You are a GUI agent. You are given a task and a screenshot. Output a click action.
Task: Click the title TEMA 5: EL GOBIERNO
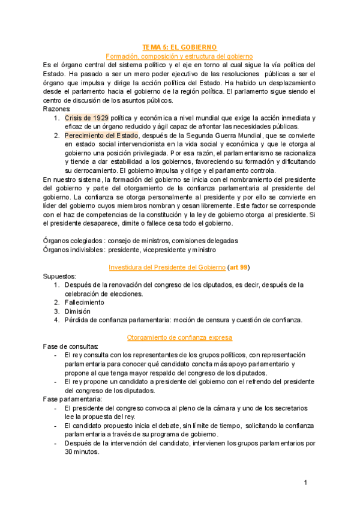(179, 47)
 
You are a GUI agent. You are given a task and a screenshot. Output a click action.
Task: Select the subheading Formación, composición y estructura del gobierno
(179, 55)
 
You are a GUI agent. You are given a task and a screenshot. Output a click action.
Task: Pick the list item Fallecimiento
(84, 303)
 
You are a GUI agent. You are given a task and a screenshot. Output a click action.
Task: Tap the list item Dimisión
(77, 312)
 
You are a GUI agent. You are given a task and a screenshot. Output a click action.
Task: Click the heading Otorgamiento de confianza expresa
(179, 338)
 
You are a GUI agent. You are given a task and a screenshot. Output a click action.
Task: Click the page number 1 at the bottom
(305, 483)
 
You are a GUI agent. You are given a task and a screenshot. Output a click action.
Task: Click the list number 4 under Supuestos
(56, 320)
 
